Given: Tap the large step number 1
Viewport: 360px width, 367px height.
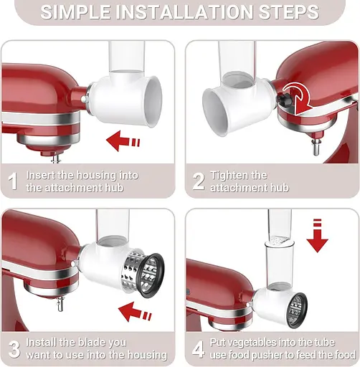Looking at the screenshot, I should tap(13, 180).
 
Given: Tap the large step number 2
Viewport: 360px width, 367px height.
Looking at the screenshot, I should tap(199, 180).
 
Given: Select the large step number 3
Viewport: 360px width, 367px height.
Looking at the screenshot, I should tap(13, 348).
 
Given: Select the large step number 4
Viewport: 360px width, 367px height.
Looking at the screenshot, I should tap(199, 348).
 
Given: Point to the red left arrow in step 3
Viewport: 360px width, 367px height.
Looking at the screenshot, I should tap(136, 311).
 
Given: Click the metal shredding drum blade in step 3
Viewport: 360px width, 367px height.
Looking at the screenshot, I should tap(143, 273).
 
